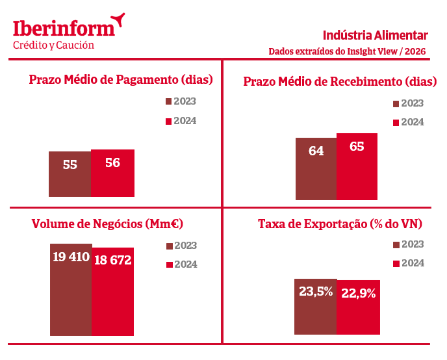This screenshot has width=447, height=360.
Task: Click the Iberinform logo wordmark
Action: point(64,28)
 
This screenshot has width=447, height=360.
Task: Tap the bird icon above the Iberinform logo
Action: point(117,19)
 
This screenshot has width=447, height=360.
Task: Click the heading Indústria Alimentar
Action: point(375,35)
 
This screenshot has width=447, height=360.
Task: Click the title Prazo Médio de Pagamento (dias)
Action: point(121,80)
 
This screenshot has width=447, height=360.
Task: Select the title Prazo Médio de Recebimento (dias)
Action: point(340,82)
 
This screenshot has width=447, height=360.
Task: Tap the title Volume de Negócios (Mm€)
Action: point(107,224)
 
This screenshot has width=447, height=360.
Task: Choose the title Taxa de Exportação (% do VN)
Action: point(340,224)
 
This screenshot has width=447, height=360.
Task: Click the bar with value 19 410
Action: point(71,289)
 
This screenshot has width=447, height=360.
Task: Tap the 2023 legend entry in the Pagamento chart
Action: point(181,101)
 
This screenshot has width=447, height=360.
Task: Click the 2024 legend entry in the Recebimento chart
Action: point(409,122)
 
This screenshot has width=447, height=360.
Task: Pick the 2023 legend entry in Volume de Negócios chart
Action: point(182,246)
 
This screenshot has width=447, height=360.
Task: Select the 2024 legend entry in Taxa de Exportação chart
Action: point(409,263)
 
